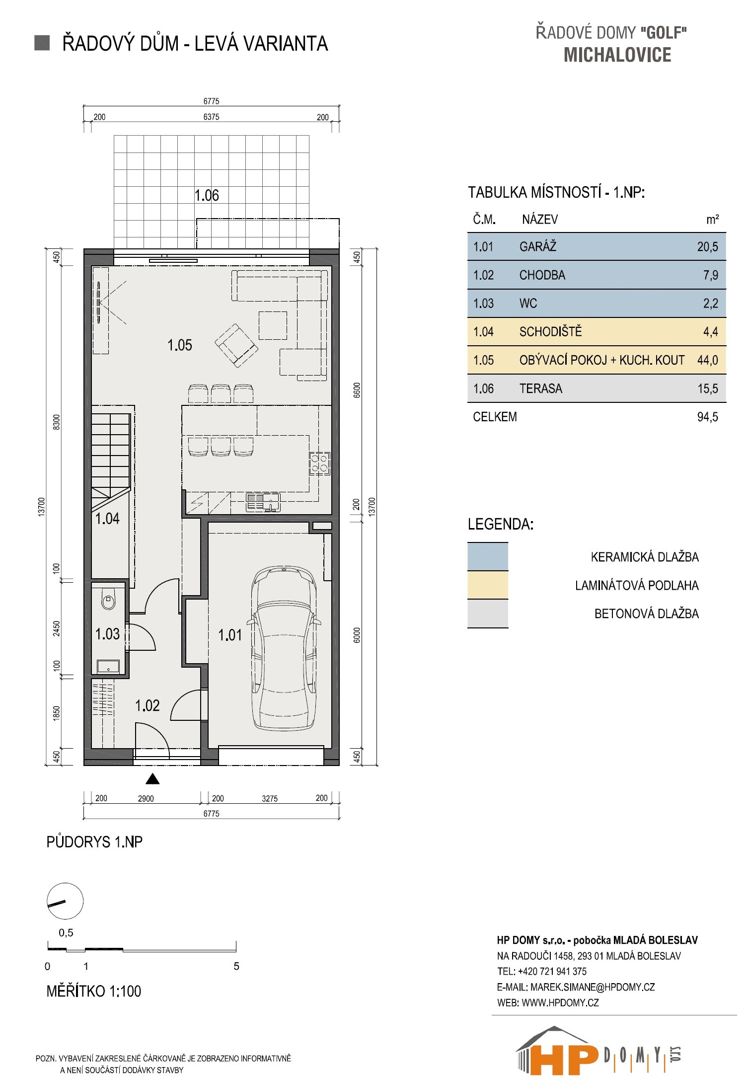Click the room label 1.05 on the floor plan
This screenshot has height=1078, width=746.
(180, 345)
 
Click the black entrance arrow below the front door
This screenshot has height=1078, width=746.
(153, 779)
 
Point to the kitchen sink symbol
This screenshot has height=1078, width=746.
(263, 502)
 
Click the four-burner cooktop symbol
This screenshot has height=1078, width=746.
(319, 462)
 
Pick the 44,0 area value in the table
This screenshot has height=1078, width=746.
(708, 360)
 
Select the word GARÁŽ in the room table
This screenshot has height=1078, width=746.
(538, 246)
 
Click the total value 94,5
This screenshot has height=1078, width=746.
(708, 417)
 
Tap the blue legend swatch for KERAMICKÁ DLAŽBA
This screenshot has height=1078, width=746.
(488, 556)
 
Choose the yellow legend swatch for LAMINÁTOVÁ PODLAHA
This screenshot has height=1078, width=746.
(488, 585)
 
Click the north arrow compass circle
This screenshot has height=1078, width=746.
(65, 902)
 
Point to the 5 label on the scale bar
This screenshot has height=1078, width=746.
(236, 966)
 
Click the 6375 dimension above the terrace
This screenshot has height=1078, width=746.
(212, 117)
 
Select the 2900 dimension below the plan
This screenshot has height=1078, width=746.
(146, 799)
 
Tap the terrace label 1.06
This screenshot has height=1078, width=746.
(207, 195)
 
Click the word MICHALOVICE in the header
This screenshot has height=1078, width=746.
(617, 55)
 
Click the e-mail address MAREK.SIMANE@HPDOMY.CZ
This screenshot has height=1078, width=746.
(593, 987)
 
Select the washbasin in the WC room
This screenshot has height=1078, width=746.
(108, 666)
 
